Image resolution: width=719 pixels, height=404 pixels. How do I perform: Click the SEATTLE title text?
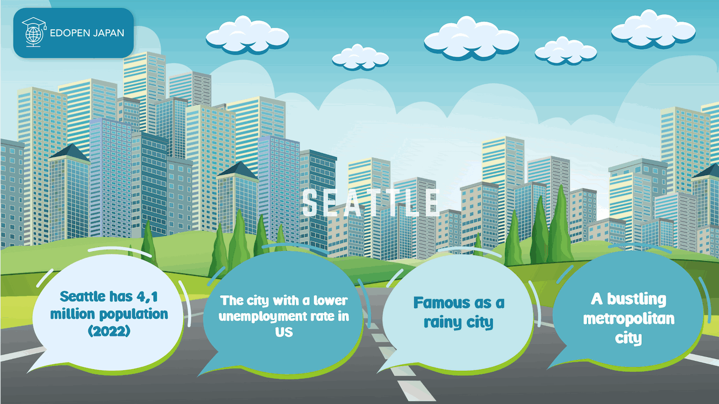click(371, 203)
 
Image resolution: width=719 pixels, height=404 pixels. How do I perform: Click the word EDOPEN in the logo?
click(66, 33)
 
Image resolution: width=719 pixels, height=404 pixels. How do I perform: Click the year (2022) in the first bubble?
click(109, 331)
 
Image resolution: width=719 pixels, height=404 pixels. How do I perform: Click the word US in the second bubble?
click(284, 332)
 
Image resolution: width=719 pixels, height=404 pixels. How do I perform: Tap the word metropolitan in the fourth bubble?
click(629, 319)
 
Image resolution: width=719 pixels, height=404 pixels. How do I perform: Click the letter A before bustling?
click(597, 298)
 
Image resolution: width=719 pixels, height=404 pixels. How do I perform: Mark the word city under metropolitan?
click(629, 339)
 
